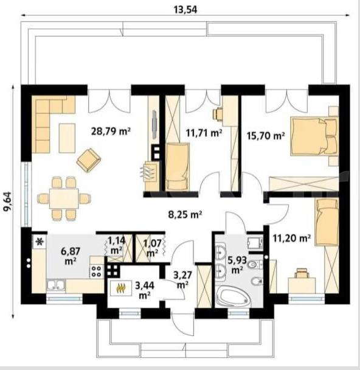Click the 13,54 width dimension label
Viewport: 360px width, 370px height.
(185, 10)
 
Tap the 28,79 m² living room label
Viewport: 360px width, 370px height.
(111, 131)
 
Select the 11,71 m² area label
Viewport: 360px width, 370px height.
(204, 133)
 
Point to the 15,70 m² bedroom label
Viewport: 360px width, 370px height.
(266, 136)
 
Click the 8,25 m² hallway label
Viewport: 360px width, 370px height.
(185, 215)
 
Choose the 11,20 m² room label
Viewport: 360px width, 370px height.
(291, 239)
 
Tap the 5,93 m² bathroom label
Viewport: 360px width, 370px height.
(237, 265)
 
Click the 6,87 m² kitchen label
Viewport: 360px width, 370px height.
(71, 256)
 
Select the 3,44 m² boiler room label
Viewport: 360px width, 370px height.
(145, 290)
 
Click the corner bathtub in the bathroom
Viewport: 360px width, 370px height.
(233, 296)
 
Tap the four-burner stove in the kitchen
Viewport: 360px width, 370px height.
(97, 271)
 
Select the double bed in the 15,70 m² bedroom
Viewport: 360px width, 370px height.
(314, 136)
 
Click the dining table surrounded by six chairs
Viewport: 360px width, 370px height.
(64, 198)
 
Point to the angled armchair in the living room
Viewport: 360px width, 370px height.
(89, 160)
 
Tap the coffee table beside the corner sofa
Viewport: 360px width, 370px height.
(67, 138)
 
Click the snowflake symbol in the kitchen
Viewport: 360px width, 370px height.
(40, 242)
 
